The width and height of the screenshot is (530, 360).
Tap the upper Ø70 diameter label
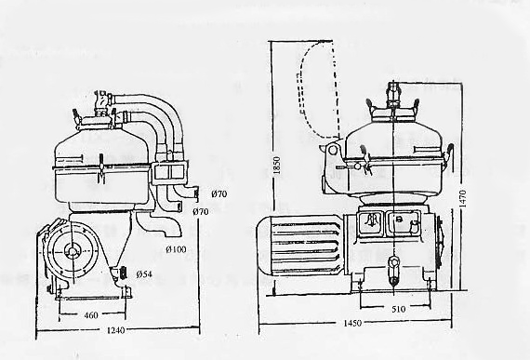pyautogui.click(x=219, y=194)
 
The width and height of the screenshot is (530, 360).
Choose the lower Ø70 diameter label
pyautogui.click(x=200, y=213)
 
